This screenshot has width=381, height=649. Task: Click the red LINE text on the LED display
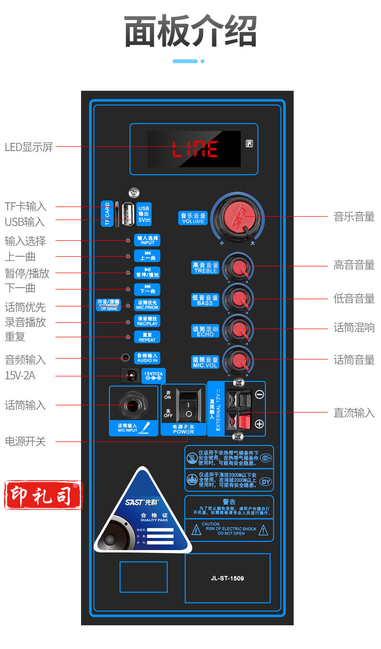pos(195,150)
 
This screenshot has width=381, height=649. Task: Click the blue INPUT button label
pos(147,240)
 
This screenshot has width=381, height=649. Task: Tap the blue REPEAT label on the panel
pos(147,337)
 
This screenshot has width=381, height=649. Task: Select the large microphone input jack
pos(133,404)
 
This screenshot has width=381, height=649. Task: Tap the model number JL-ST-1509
pos(227,578)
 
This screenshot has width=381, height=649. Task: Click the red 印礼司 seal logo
pos(43,495)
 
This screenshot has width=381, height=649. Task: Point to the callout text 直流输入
pos(354,413)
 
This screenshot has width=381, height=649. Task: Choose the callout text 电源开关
pos(25,441)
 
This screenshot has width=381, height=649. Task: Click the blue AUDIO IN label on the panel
pos(147,358)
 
